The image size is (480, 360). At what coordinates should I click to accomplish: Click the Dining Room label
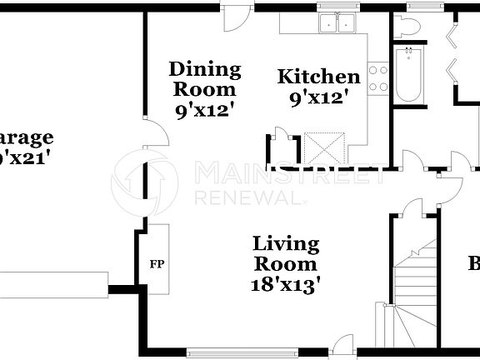(x=204, y=78)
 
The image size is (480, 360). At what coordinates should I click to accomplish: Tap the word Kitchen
(x=318, y=77)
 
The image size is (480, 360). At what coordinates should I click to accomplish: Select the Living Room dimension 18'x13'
(x=286, y=283)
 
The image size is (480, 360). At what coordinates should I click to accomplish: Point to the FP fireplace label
(x=155, y=265)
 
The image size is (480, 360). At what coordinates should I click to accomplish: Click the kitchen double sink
(x=338, y=24)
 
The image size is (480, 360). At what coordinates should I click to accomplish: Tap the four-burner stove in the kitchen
(x=377, y=77)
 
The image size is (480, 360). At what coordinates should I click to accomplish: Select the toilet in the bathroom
(x=408, y=27)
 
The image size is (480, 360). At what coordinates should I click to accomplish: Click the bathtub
(x=408, y=76)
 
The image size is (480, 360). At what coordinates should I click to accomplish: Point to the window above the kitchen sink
(x=338, y=7)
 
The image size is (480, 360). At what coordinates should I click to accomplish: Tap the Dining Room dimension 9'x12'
(x=204, y=108)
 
